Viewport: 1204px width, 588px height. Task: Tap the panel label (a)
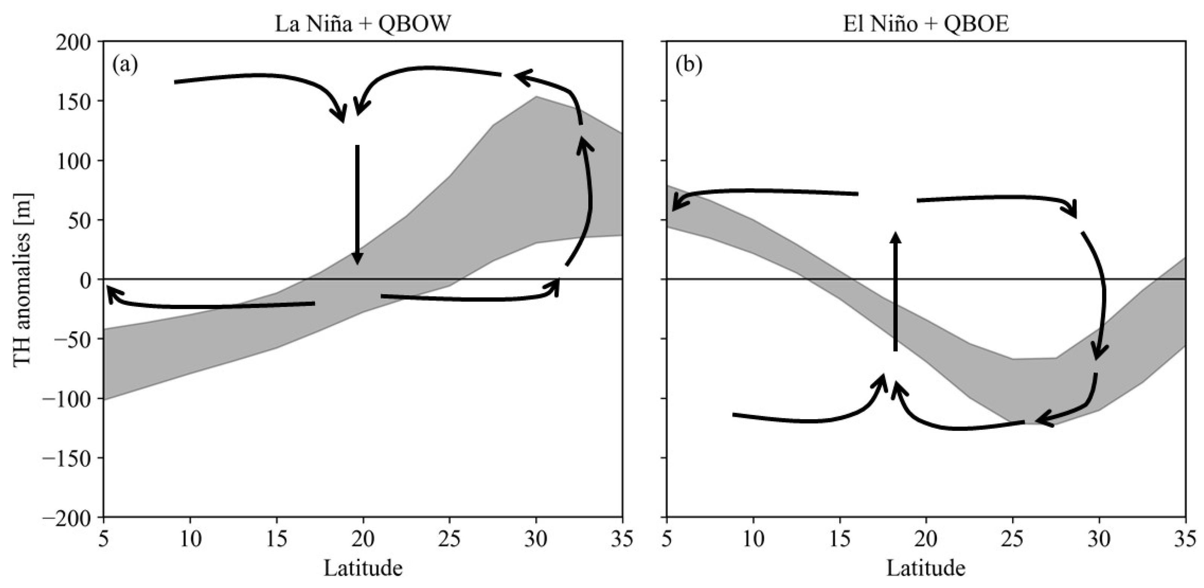tap(125, 65)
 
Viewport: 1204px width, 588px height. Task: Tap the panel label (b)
tap(688, 65)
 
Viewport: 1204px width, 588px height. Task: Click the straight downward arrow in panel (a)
tap(358, 205)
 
